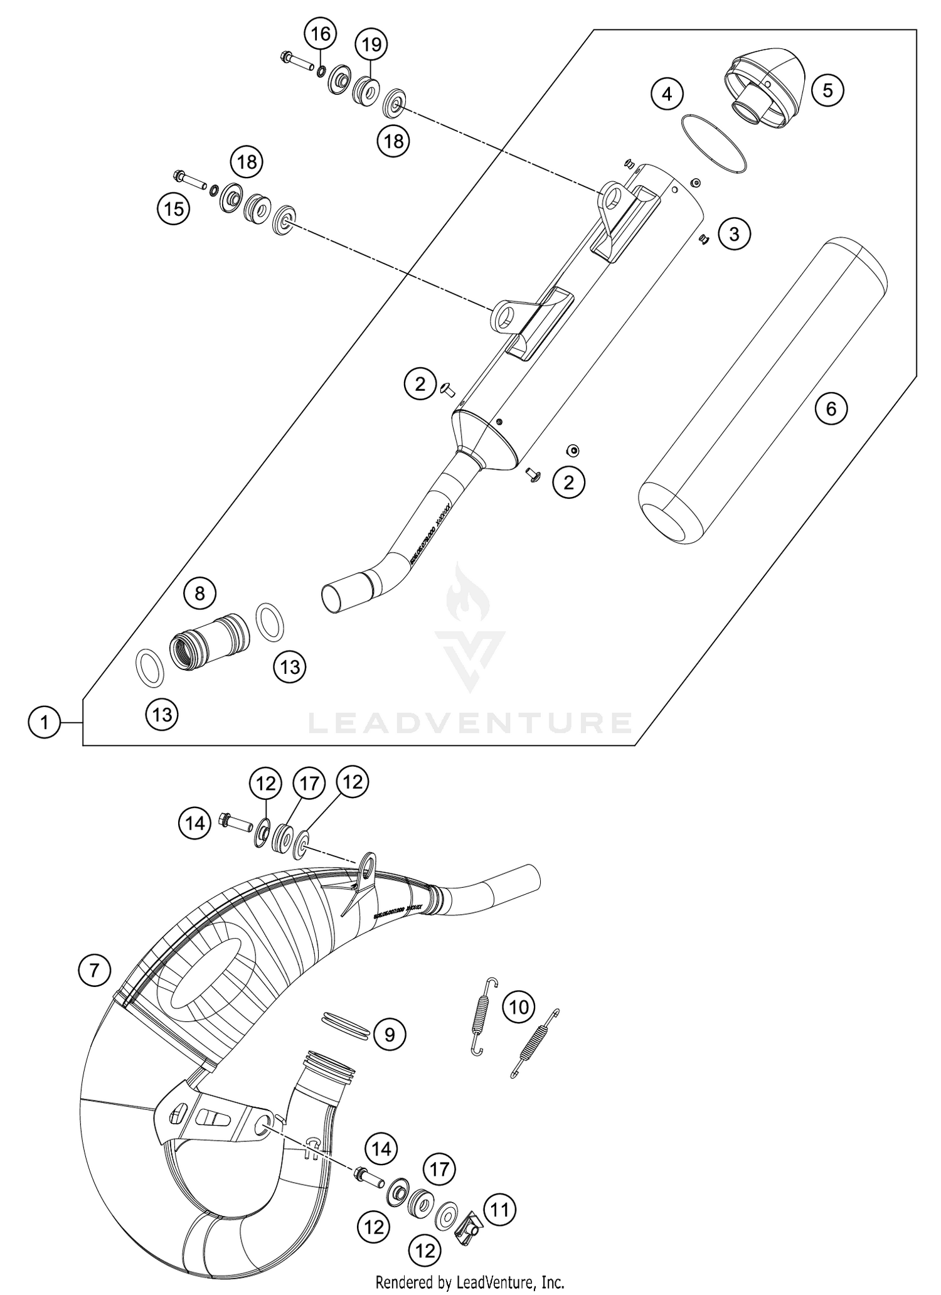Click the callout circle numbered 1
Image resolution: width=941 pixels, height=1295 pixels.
(44, 723)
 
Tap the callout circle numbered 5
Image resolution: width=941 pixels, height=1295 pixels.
(827, 90)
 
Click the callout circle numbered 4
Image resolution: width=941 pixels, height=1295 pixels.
(667, 94)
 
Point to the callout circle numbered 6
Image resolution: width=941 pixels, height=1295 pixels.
(831, 409)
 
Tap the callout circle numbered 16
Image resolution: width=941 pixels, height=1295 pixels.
(321, 35)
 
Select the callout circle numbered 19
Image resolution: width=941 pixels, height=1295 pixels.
(371, 45)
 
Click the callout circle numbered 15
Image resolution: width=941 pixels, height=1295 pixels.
(174, 208)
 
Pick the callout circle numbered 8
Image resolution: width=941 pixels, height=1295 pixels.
(200, 594)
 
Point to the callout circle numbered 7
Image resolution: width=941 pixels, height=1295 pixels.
(95, 971)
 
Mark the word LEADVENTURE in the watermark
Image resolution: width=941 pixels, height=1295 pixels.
(470, 723)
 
